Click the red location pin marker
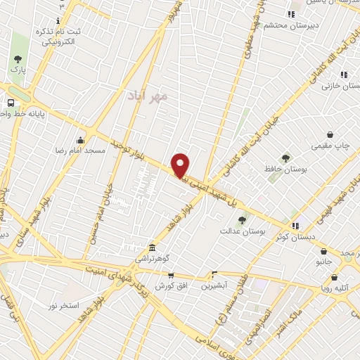click(181, 165)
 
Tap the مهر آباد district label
click(147, 94)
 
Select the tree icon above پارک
click(18, 60)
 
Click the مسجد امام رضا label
click(81, 150)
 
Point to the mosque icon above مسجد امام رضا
click(81, 139)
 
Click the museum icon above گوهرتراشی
click(152, 247)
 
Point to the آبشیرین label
click(214, 285)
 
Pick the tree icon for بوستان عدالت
click(242, 219)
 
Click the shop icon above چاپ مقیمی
click(330, 134)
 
